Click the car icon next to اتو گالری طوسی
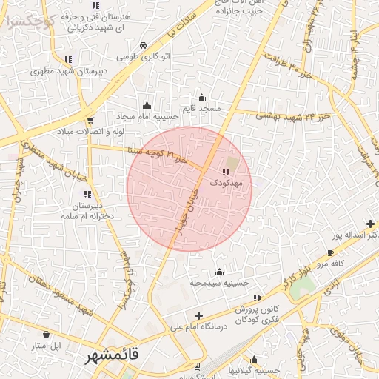pos(141,45)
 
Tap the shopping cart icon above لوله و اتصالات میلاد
pos(90,121)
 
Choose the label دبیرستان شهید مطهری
pos(67,72)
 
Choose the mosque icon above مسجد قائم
pos(201,97)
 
